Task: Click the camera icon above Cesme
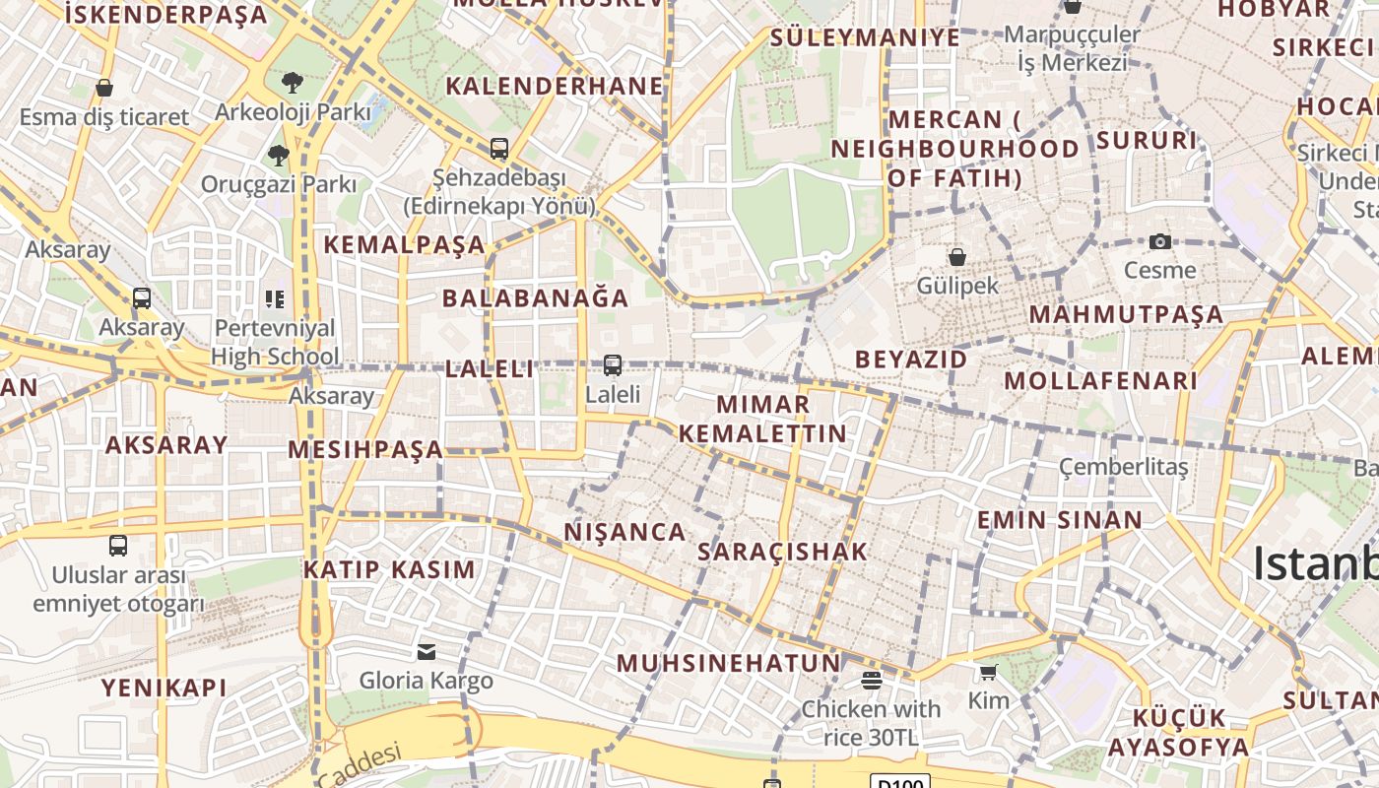point(1160,241)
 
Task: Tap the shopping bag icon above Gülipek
point(956,257)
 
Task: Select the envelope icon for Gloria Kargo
point(427,651)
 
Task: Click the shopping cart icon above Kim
point(988,672)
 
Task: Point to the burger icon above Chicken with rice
point(871,680)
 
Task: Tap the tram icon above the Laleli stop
point(613,365)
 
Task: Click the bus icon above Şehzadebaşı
point(499,149)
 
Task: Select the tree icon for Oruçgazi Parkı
point(279,155)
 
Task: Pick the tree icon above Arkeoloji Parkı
point(293,83)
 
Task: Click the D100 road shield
point(900,783)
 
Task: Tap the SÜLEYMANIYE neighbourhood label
point(865,37)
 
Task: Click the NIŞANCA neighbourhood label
point(624,532)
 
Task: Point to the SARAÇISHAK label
point(782,552)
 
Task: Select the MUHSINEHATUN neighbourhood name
point(729,663)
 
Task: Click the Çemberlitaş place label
point(1124,466)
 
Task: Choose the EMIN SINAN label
point(1059,519)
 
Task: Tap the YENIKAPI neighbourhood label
point(164,688)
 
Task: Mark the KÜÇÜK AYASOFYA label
point(1178,732)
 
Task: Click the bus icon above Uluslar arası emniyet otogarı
point(118,545)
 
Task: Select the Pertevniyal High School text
point(275,342)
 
